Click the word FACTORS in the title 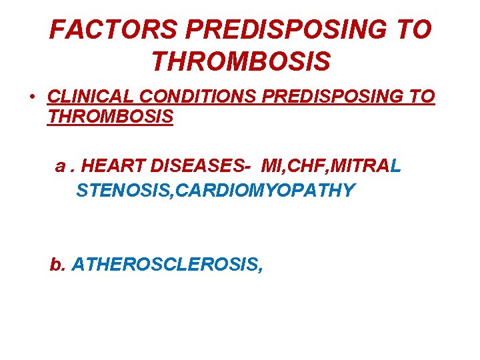(x=114, y=29)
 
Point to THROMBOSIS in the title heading (x=241, y=62)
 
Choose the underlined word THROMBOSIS (x=111, y=117)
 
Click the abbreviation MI (x=272, y=167)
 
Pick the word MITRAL (x=365, y=167)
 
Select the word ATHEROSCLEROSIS (x=167, y=265)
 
